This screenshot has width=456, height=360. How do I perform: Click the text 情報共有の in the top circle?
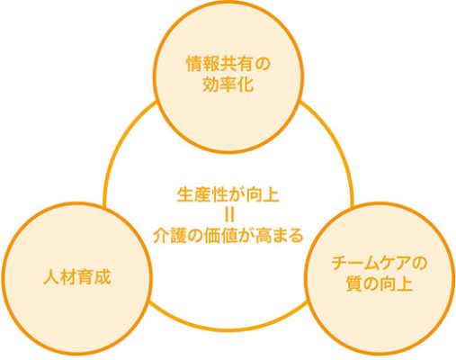228,65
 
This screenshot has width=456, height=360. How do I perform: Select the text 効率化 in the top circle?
228,85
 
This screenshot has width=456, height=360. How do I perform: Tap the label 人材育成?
77,277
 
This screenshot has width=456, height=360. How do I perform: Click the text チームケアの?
379,264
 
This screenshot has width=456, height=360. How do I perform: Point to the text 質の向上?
379,283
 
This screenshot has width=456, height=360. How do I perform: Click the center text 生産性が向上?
228,195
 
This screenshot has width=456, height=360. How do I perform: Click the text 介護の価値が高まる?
228,236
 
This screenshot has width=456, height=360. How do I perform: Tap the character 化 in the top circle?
246,85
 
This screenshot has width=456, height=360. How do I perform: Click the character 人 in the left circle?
52,277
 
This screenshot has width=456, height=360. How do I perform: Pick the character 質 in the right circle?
353,283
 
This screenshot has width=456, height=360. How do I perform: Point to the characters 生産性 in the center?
202,195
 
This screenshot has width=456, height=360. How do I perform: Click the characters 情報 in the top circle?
203,65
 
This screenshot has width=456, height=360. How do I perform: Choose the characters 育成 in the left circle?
94,277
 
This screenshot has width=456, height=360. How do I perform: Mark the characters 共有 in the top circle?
237,65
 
